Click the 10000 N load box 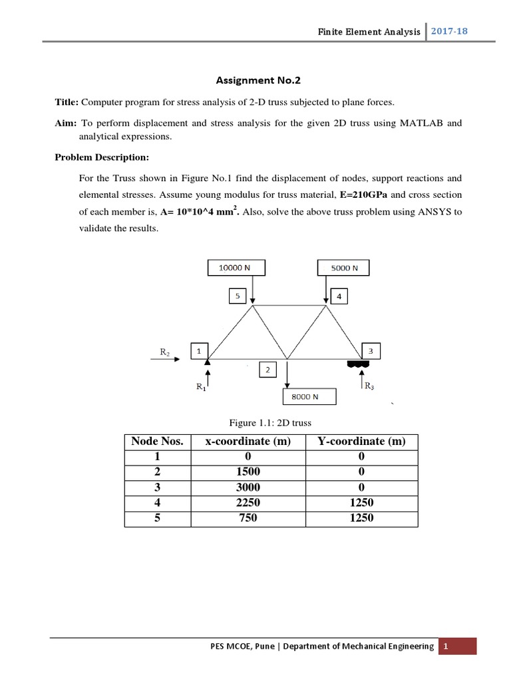236,268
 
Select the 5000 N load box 343,268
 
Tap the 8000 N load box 309,397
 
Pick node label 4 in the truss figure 338,296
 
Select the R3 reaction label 370,386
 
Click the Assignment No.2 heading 258,81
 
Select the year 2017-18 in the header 451,31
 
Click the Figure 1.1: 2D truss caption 270,423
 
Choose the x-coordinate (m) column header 248,442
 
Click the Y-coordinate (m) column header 361,442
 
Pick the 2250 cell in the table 248,503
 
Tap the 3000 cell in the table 248,488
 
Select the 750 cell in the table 248,518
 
